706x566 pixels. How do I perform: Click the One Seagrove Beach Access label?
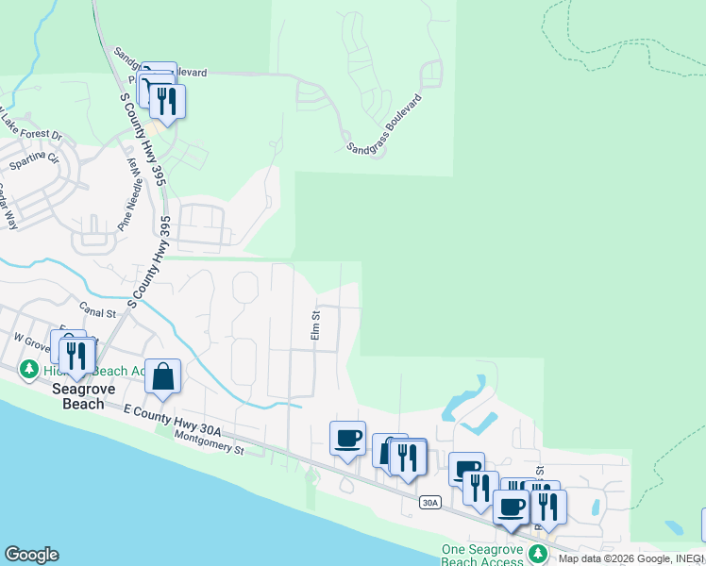483,555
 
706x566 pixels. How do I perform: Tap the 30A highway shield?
430,503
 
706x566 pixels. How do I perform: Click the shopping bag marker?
163,376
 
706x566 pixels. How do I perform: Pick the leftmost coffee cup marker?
347,438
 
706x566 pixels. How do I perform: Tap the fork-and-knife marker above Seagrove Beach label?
75,355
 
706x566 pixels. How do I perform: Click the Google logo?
31,555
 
